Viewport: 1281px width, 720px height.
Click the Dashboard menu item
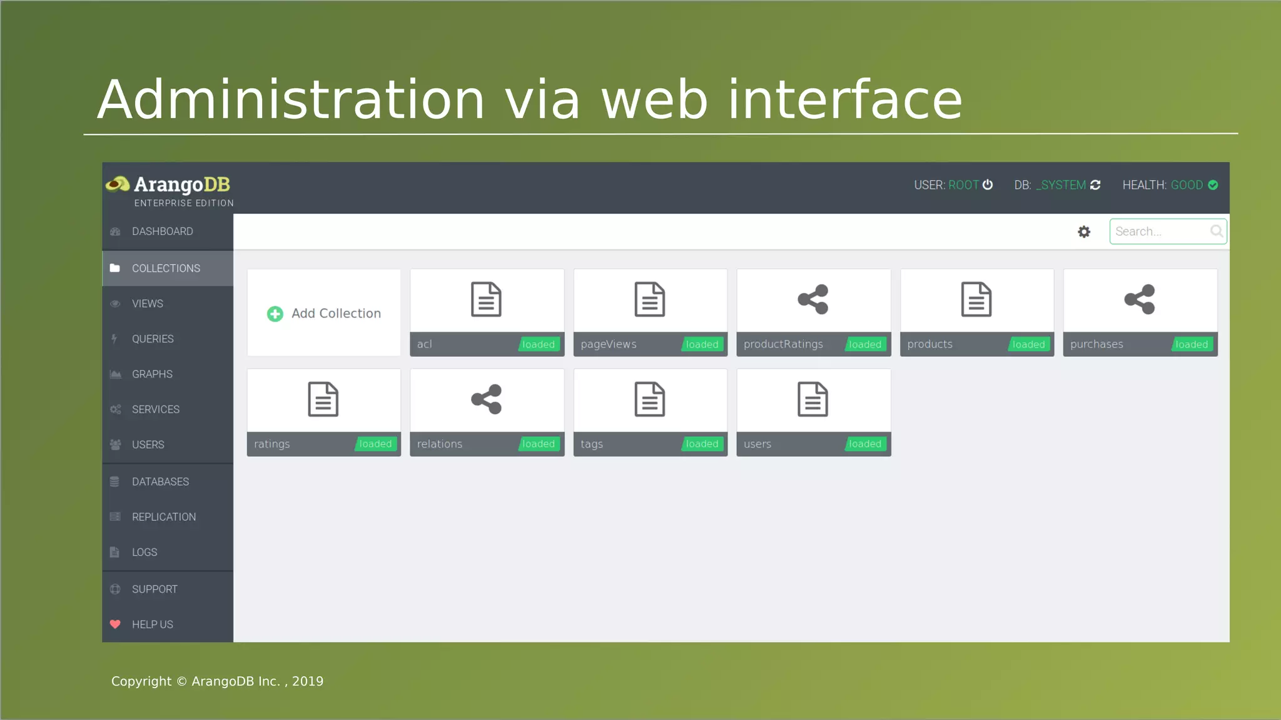pos(162,232)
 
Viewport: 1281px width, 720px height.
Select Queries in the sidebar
pos(153,339)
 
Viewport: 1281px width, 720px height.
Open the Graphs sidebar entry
pos(152,374)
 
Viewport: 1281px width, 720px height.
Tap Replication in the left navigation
pos(163,517)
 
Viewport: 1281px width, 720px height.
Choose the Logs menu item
pos(144,552)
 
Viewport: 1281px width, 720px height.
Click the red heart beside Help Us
pos(115,624)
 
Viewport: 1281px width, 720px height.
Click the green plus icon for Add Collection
pos(275,314)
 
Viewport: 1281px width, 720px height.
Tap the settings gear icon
pos(1084,232)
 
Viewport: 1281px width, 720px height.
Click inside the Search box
pos(1157,232)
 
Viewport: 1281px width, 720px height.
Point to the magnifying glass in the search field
pos(1216,231)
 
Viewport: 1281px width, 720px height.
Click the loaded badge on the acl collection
pos(538,344)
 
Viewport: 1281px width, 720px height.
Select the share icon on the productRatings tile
pos(813,299)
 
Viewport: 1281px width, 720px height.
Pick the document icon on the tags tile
pos(650,399)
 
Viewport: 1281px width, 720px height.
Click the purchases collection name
pos(1096,344)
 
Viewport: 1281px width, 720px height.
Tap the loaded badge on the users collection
pos(865,444)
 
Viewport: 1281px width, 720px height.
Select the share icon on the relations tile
pos(487,399)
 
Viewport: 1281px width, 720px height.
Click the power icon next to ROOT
pos(988,185)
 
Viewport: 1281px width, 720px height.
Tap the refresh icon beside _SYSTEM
pos(1095,185)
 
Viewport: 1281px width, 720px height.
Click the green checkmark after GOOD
pos(1213,185)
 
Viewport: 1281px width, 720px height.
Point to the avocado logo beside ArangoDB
pos(118,184)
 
